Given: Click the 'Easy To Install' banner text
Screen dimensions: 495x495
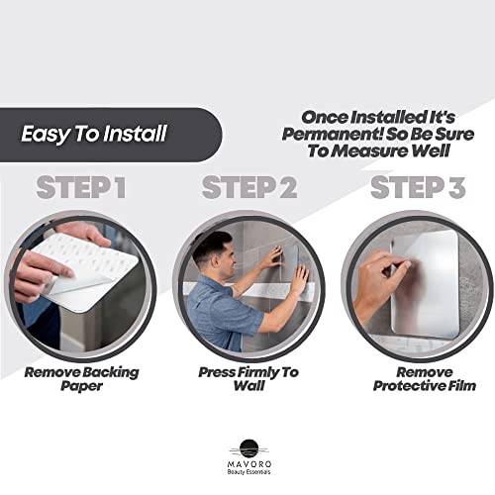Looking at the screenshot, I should [94, 134].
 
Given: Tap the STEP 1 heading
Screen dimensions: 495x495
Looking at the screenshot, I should [81, 187].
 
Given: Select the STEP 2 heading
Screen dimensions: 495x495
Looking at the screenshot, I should [248, 187].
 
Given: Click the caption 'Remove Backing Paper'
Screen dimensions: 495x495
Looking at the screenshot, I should [81, 379].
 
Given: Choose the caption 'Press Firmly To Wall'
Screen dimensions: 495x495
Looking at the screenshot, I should [248, 379].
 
